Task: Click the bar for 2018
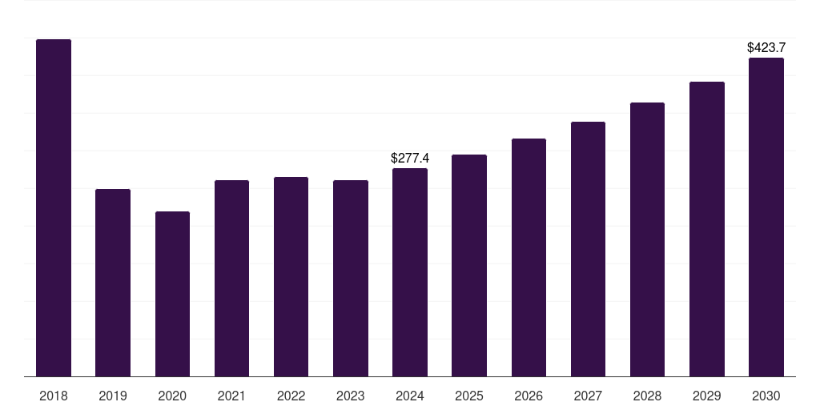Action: (54, 207)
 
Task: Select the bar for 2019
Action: (113, 283)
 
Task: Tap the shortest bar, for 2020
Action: (173, 294)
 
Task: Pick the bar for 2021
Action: (231, 278)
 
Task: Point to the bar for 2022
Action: (291, 276)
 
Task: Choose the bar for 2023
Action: (351, 278)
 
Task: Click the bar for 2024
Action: (410, 272)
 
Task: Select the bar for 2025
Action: (469, 266)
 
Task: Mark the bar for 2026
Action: (529, 257)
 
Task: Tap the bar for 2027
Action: (588, 249)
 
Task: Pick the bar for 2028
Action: (647, 239)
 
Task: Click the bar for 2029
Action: (707, 229)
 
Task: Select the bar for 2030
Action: (766, 217)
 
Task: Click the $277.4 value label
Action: (410, 158)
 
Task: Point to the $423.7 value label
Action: (766, 47)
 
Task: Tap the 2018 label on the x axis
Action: (54, 396)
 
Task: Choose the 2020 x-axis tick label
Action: (173, 396)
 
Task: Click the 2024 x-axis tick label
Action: (410, 396)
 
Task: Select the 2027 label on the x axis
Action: (588, 396)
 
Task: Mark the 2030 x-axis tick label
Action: (766, 396)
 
